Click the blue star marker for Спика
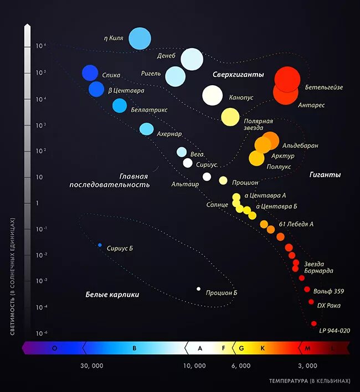(90, 73)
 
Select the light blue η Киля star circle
(140, 38)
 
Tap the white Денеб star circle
(192, 59)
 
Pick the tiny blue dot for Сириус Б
(100, 245)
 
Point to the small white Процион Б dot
(199, 288)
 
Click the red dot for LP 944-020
(314, 323)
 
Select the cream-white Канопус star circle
(212, 95)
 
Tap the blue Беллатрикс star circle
(120, 106)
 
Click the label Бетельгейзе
(324, 87)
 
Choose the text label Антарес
(311, 105)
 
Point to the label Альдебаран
(300, 145)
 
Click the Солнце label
(217, 205)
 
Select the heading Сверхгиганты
(238, 74)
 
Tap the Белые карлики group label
(112, 295)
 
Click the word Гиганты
(325, 174)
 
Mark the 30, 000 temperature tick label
(92, 365)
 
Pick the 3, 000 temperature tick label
(307, 365)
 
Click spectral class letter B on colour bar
(134, 348)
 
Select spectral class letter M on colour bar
(308, 348)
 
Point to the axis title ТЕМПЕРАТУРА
(289, 381)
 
